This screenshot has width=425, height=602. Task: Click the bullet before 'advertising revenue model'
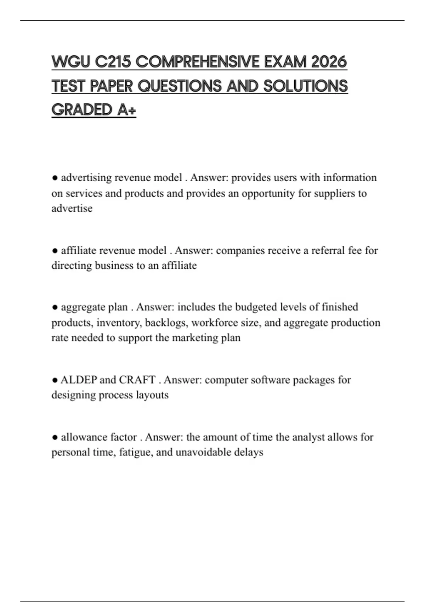coord(55,178)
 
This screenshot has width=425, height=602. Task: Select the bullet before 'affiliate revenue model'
coord(55,251)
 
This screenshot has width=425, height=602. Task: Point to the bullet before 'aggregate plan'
coord(55,307)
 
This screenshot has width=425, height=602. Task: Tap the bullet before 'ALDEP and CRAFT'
coord(55,380)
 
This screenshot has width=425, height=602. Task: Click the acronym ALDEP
coord(79,380)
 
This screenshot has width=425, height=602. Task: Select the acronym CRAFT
coord(137,380)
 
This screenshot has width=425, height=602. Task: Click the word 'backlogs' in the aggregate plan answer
coord(166,323)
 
